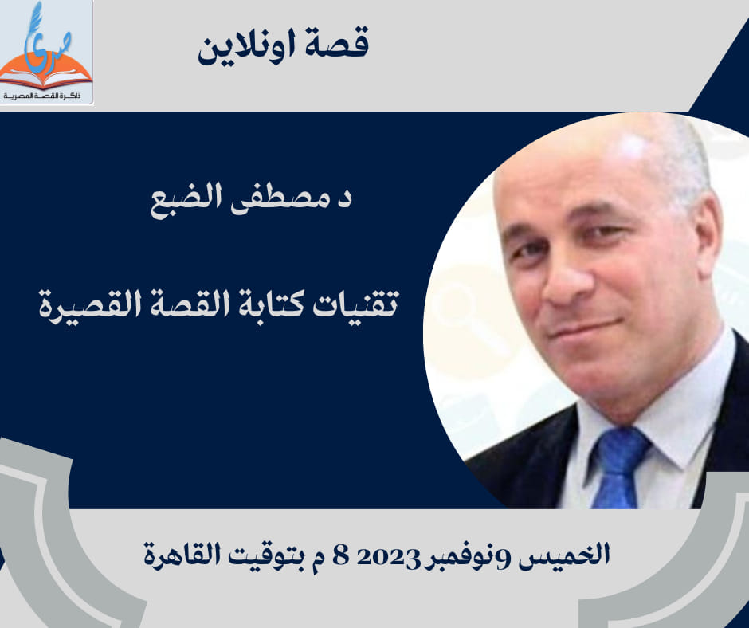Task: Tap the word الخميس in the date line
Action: (564, 555)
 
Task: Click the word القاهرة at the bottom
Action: (182, 555)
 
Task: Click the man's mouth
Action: (586, 330)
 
